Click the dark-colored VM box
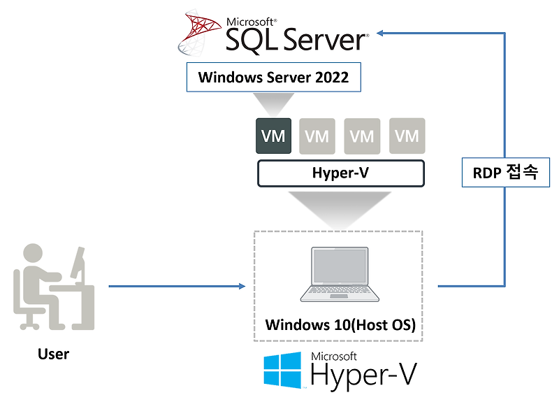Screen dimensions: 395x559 point(273,136)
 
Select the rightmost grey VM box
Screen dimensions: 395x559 point(407,136)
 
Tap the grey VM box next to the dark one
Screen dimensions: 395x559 point(317,136)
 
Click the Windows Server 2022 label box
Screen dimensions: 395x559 point(273,77)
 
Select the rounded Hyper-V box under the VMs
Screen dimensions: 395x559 point(340,173)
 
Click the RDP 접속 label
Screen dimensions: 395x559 point(500,172)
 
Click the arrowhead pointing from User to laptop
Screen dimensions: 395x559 point(242,286)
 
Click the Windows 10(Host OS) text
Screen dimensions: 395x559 point(340,325)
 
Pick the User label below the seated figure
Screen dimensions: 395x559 point(54,354)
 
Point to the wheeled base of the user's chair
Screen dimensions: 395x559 point(31,322)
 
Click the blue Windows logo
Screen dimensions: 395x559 point(282,370)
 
